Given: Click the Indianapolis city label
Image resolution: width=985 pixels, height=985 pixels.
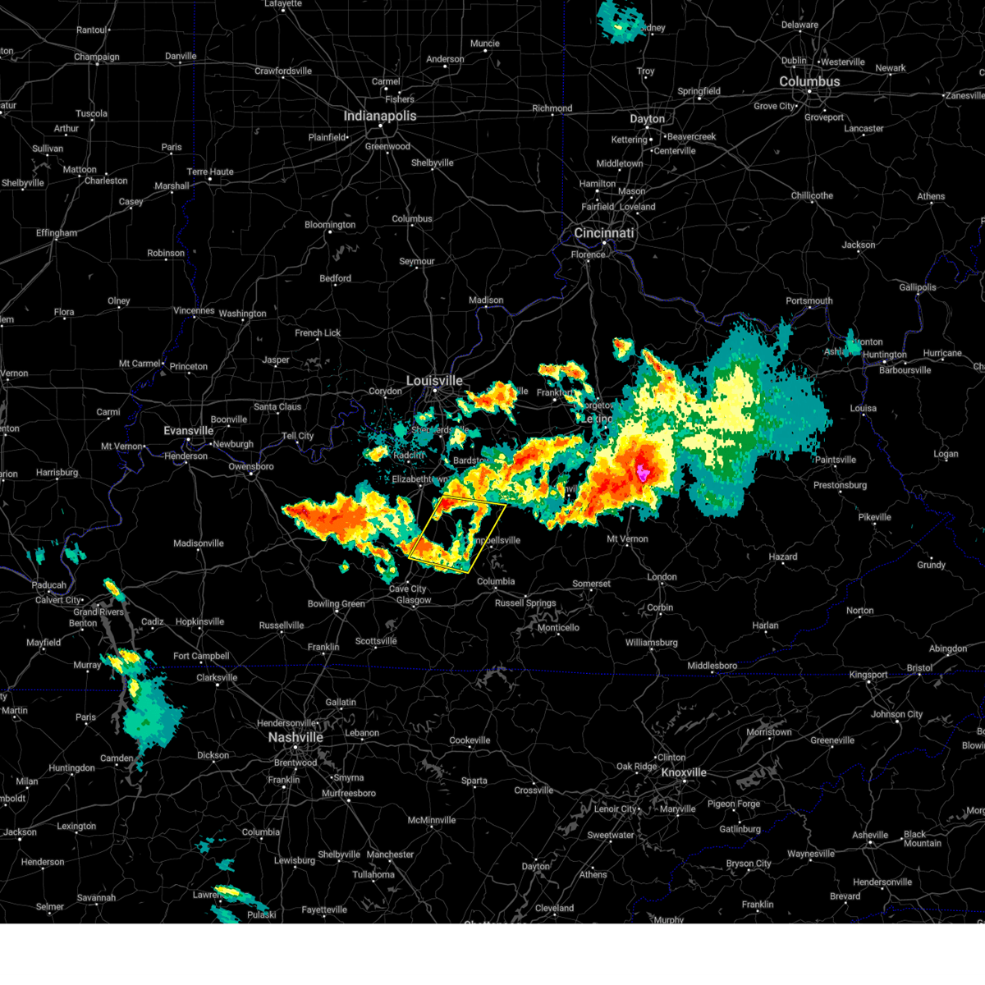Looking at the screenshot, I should pos(380,116).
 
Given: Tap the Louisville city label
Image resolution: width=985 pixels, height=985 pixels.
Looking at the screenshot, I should pos(435,381).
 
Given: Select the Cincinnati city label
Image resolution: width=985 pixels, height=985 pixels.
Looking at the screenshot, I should pos(604,233).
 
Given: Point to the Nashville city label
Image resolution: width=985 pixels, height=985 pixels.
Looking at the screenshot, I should pos(295,737).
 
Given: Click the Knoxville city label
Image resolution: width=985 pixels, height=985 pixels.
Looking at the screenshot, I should pos(684,772).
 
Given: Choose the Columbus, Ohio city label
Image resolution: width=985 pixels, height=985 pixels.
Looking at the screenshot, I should pos(809,82).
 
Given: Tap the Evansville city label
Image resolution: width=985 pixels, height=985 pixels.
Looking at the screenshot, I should pos(189,431).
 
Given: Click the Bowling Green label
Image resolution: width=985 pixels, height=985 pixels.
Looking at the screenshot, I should pos(336,604).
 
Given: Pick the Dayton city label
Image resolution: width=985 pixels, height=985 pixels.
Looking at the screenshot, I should pos(647,119).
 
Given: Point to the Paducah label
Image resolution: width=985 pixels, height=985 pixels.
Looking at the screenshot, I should pos(49,585).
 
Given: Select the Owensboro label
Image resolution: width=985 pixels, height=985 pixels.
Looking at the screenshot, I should pos(251,466).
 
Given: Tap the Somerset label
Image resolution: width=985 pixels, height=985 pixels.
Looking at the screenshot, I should pos(591,584).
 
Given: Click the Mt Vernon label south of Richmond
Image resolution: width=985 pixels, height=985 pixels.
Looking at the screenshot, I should pos(627,539).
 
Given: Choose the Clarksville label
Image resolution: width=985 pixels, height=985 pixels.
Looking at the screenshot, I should pos(217,678).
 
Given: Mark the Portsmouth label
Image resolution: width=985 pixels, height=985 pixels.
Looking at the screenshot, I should pos(809,300).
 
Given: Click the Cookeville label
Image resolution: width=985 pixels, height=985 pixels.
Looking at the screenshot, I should pos(470,740).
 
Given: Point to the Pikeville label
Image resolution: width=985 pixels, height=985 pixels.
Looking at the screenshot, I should pos(874,517).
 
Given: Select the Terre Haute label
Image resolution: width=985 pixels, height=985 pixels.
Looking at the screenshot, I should pos(210,172).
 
